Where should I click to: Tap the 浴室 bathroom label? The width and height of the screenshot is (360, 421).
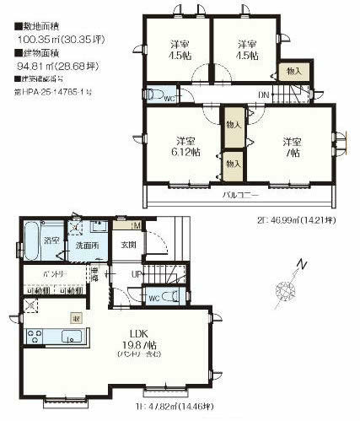coord(49,241)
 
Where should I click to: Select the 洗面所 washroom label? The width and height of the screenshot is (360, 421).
coord(84,246)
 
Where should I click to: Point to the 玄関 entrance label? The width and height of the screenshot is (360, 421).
coord(128,245)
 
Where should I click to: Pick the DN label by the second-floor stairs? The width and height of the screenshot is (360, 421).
coord(264,94)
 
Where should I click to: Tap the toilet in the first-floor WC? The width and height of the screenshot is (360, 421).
coord(169,296)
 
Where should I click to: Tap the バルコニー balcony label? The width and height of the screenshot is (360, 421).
coord(239,194)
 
